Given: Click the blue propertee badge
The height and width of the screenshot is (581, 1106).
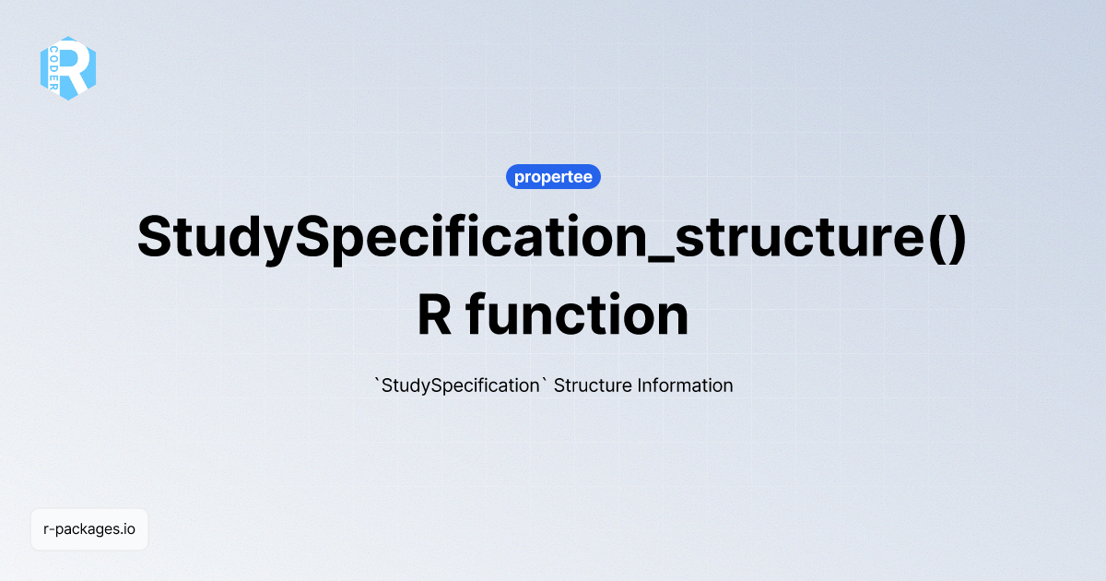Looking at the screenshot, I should tap(553, 176).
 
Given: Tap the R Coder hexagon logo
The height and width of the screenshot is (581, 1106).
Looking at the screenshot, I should tap(68, 67).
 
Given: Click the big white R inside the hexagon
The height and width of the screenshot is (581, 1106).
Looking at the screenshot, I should tap(75, 67).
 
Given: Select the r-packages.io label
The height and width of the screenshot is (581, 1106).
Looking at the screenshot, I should tap(89, 529).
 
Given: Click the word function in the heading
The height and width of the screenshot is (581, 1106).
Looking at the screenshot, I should tap(577, 315).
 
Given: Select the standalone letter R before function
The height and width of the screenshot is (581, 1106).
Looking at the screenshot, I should tap(434, 315).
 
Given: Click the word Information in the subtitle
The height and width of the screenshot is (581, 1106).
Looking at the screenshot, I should tap(685, 385).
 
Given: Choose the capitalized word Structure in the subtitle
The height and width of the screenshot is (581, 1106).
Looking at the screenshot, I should tap(593, 385).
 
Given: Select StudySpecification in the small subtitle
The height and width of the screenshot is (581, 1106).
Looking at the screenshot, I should tap(459, 385).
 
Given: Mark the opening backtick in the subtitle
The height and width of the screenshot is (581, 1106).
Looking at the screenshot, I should tap(377, 380).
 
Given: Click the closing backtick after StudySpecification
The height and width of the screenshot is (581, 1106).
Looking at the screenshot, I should tap(542, 380).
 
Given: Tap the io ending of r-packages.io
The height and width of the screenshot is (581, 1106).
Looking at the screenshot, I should tap(129, 529).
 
